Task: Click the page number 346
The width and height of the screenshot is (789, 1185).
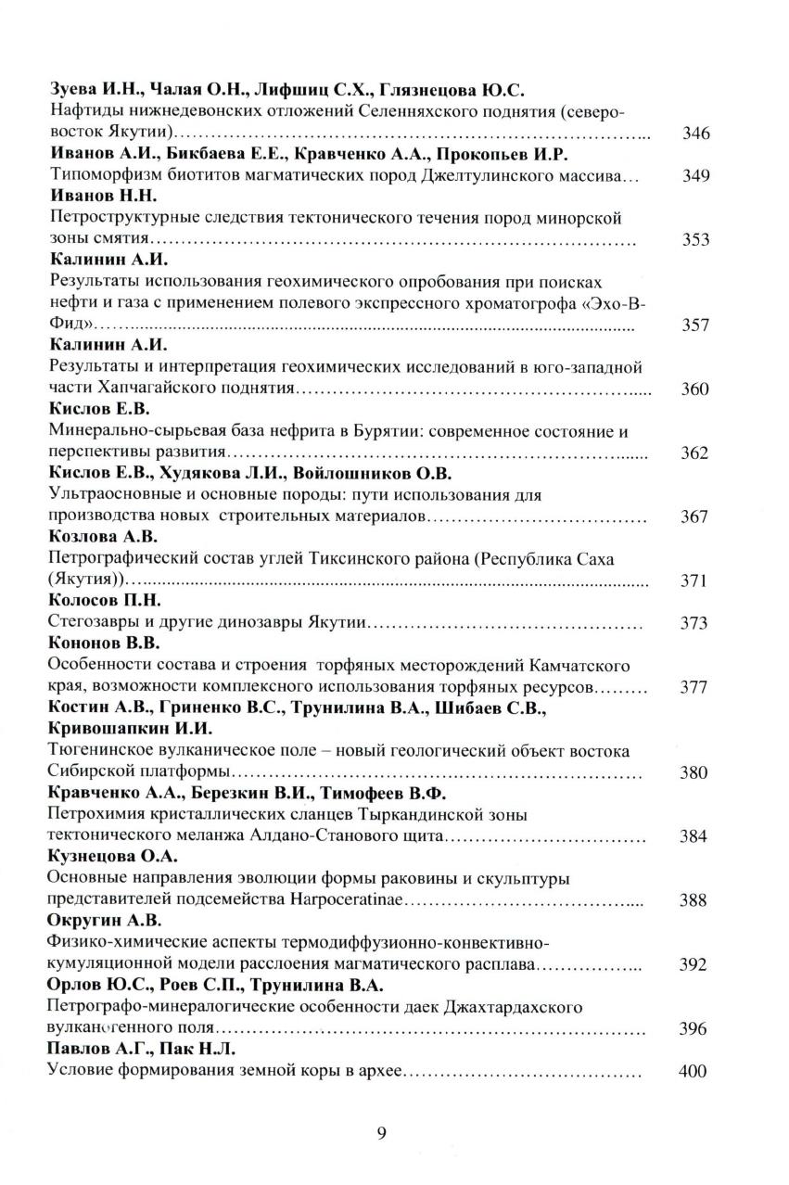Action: pyautogui.click(x=695, y=134)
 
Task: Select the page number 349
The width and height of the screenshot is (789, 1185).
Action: pyautogui.click(x=695, y=176)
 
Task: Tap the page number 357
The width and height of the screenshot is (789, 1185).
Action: pyautogui.click(x=695, y=325)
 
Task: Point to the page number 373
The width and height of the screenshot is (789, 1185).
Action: pyautogui.click(x=694, y=623)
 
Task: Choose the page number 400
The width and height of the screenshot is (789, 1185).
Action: pyautogui.click(x=694, y=1072)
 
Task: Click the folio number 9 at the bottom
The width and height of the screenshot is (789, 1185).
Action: pyautogui.click(x=382, y=1132)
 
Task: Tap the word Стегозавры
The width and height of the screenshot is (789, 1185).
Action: pyautogui.click(x=94, y=623)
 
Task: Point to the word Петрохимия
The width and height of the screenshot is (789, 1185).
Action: pyautogui.click(x=96, y=815)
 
